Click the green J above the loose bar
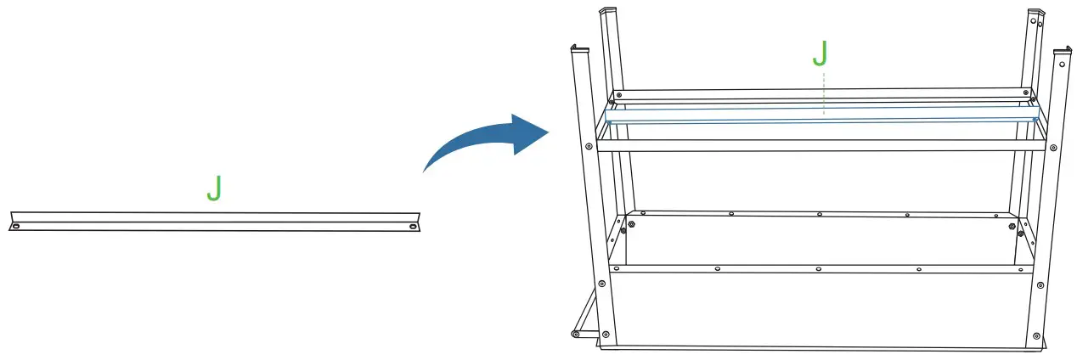click(x=214, y=188)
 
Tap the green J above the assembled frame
click(x=820, y=53)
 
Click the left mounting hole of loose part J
click(x=15, y=226)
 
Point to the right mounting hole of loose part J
click(x=413, y=227)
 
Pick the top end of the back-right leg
click(x=1035, y=14)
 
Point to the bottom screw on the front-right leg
click(x=1034, y=332)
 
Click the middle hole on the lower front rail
click(x=818, y=269)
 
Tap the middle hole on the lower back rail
click(x=818, y=215)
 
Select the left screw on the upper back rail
click(x=620, y=93)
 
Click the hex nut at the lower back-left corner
click(x=623, y=230)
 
